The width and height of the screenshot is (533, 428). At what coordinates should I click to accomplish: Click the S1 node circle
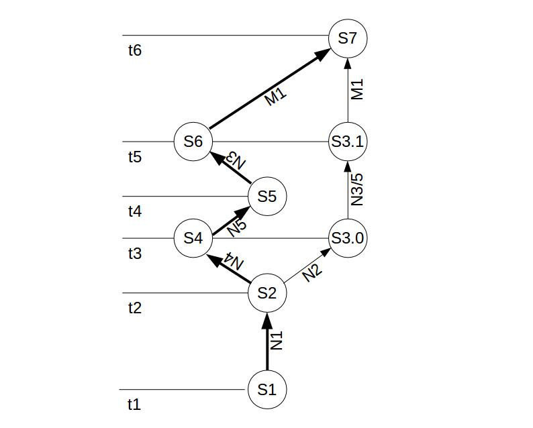click(x=267, y=389)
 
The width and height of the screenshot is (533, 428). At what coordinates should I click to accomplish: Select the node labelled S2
click(x=267, y=293)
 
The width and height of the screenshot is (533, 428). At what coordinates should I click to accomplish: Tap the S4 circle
click(x=193, y=238)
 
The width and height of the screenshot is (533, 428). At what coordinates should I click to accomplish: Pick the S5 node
click(x=267, y=197)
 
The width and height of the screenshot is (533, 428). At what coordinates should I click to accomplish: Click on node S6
click(x=193, y=142)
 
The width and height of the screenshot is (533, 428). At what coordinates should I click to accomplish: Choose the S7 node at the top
click(x=348, y=38)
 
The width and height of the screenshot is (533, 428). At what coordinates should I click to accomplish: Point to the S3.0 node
click(x=348, y=238)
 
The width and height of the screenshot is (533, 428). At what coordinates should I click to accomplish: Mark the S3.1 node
click(x=348, y=142)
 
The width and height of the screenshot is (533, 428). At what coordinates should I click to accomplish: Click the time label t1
click(x=134, y=405)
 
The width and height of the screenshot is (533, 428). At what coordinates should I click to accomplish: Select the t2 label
click(x=134, y=309)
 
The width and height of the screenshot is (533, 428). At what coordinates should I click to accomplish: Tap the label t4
click(x=134, y=212)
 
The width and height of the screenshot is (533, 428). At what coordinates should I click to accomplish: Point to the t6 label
click(x=134, y=50)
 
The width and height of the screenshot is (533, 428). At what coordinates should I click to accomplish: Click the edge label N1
click(x=277, y=341)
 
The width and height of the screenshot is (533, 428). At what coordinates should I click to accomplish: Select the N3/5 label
click(x=357, y=190)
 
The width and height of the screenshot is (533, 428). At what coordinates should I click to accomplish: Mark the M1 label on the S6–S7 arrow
click(x=275, y=96)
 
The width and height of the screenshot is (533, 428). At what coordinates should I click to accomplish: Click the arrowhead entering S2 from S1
click(x=267, y=319)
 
